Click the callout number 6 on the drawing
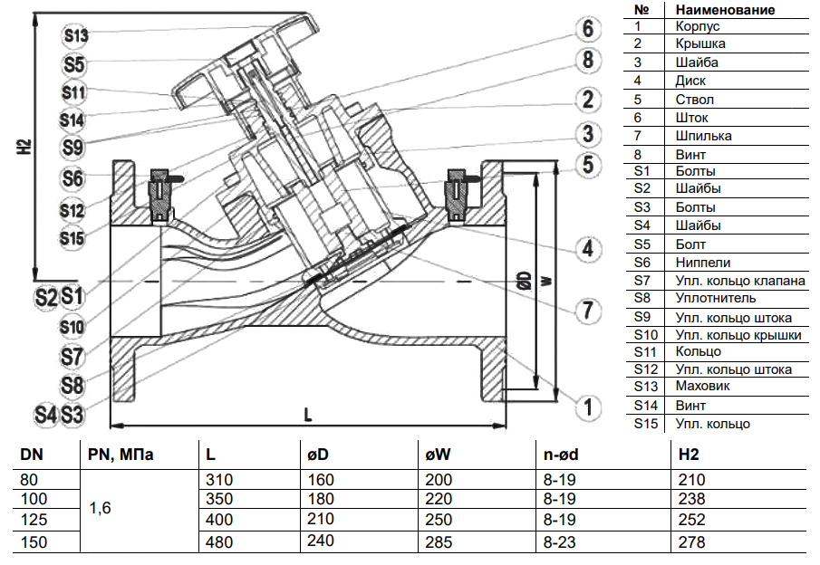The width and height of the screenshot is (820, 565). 587,29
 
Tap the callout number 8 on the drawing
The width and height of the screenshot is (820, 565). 587,61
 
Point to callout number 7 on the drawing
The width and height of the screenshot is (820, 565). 587,311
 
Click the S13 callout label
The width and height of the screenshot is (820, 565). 75,36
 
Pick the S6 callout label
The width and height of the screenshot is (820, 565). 73,178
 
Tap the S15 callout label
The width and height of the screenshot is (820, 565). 73,237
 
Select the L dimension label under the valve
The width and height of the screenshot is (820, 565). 308,415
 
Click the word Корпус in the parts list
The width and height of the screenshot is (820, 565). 697,26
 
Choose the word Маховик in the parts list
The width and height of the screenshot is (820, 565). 703,387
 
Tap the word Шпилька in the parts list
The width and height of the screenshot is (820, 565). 704,135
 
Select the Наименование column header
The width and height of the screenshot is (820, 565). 725,9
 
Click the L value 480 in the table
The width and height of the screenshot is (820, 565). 220,542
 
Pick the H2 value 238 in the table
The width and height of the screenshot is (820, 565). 690,501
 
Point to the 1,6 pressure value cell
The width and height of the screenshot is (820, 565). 100,510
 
